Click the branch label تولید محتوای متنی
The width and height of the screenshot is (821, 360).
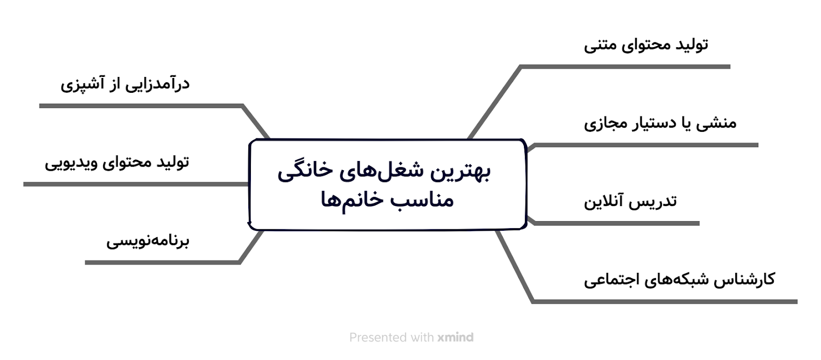click(646, 45)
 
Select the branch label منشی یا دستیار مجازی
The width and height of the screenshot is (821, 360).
click(660, 123)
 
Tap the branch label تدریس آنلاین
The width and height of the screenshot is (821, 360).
click(631, 201)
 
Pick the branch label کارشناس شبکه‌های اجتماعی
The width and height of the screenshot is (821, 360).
click(679, 279)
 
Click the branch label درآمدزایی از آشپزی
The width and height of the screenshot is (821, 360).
click(125, 84)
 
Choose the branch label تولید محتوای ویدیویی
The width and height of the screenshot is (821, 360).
click(117, 163)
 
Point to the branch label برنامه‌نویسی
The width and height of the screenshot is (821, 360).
click(148, 241)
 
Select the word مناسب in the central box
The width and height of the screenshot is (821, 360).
click(416, 200)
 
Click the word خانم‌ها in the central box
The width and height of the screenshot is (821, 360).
click(347, 199)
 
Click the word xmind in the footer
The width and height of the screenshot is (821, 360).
click(455, 337)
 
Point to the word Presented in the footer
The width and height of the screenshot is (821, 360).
click(374, 337)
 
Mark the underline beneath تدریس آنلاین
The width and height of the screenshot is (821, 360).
click(616, 224)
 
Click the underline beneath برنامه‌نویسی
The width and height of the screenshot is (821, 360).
click(162, 263)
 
